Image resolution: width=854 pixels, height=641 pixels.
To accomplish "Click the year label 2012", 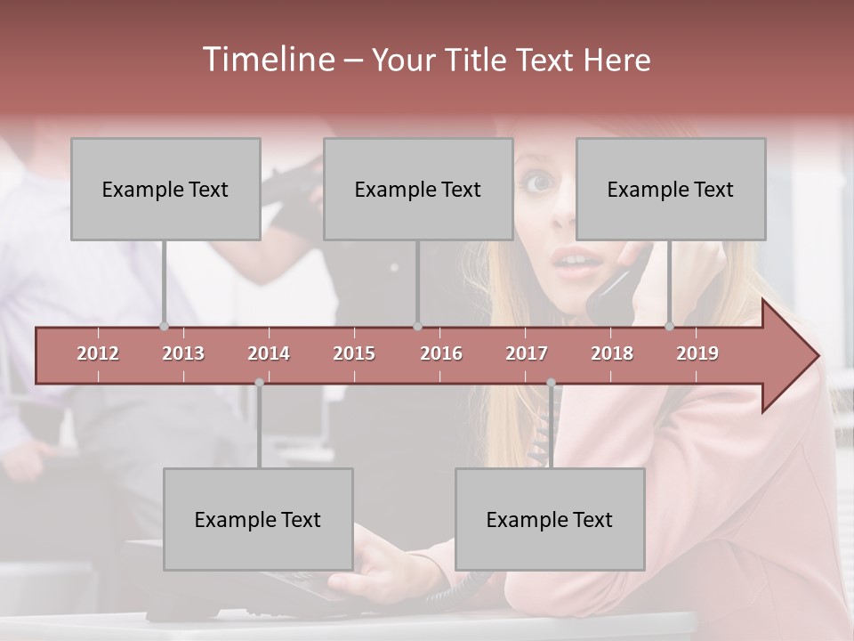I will tap(98, 353).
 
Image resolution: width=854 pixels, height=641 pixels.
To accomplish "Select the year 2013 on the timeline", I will tap(183, 353).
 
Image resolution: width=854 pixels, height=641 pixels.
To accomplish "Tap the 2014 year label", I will tap(269, 353).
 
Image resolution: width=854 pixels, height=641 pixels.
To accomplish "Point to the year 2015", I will tap(354, 353).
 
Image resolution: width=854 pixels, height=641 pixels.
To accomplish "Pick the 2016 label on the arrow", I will tap(441, 353).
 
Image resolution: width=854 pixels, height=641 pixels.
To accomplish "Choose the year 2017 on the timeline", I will tap(527, 353).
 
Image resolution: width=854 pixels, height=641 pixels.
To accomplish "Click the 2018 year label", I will tap(612, 353).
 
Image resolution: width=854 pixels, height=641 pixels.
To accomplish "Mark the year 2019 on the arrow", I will tap(697, 353).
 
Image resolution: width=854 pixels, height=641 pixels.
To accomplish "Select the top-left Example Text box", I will tap(165, 189).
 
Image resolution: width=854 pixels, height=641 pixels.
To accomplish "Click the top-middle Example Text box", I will tap(418, 189).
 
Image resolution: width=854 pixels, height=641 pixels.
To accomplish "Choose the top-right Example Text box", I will tap(671, 189).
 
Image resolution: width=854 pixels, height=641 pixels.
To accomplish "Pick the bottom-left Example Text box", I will tap(258, 519).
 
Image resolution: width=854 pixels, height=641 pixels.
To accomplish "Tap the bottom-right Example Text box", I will tap(550, 519).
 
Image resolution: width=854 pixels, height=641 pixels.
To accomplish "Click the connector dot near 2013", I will tap(164, 326).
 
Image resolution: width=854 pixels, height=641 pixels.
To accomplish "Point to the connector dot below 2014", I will tap(259, 383).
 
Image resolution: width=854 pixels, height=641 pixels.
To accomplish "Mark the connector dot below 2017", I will tap(551, 383).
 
